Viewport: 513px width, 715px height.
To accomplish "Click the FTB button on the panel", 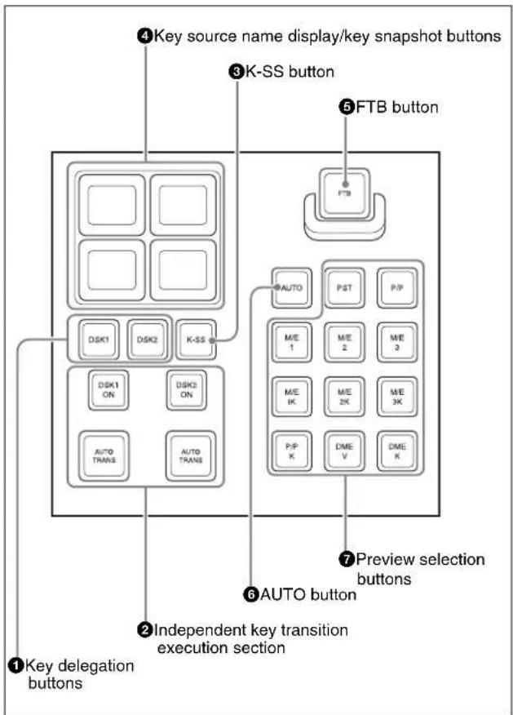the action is (x=344, y=193).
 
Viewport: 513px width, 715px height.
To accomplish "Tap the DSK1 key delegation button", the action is (x=99, y=340).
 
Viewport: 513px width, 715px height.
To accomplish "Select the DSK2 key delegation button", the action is (x=147, y=340).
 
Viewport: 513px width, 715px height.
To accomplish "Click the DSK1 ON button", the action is (x=108, y=390).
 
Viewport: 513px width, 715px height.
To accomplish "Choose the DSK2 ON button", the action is (x=186, y=390).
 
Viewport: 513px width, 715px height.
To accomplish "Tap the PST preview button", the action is (x=344, y=288).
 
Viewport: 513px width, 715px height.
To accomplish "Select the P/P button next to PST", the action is (x=397, y=288).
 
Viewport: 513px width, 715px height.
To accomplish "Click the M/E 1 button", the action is (x=292, y=343).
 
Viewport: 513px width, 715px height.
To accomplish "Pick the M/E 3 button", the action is (x=397, y=343).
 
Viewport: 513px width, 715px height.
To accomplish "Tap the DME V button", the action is (x=344, y=451).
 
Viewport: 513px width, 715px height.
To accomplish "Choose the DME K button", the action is (x=397, y=451).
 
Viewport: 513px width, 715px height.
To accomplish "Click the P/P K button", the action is (x=292, y=451).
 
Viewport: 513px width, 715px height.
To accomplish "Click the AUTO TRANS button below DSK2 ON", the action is (x=191, y=456).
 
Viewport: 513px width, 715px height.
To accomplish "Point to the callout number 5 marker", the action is (x=346, y=107).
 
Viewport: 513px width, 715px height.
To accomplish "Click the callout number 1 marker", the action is (x=15, y=666).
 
